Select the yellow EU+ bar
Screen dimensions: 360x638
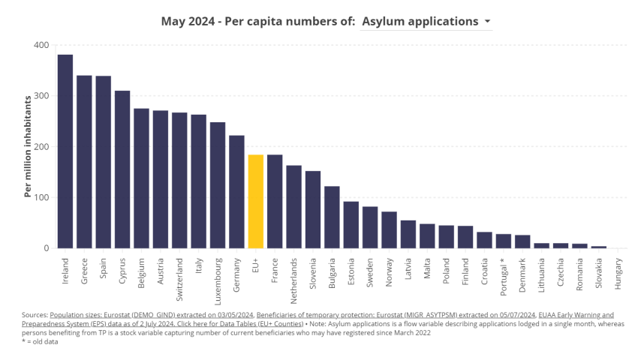click(256, 201)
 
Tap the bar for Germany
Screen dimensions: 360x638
click(237, 191)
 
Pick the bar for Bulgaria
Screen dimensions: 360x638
click(332, 217)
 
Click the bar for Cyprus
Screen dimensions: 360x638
click(122, 169)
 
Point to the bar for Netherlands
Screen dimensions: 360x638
click(294, 206)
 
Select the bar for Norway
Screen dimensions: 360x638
click(389, 229)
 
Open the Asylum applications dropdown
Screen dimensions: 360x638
click(426, 21)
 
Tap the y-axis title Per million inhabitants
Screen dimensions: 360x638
click(28, 146)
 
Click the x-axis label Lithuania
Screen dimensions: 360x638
click(542, 274)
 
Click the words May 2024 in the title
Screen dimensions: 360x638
click(187, 21)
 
